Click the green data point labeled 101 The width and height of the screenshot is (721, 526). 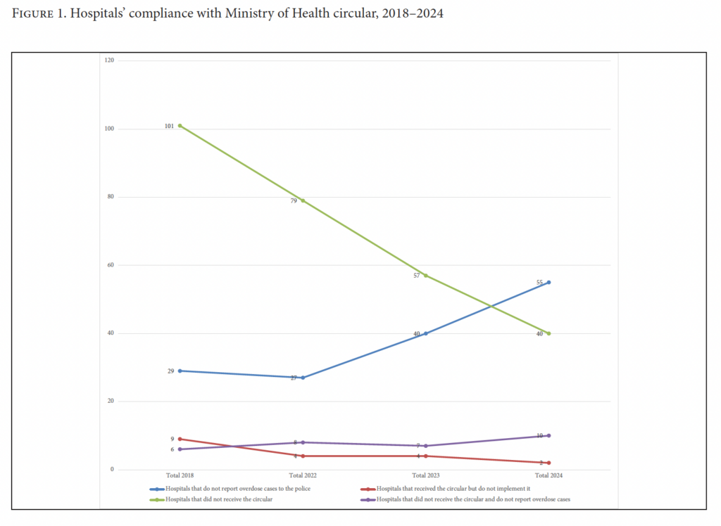click(x=180, y=125)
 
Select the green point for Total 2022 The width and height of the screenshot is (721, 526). click(x=303, y=200)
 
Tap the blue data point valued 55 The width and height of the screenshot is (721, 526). click(x=548, y=282)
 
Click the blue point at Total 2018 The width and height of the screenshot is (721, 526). click(x=180, y=371)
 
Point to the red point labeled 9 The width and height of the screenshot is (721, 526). click(x=180, y=439)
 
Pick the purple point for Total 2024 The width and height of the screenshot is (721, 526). click(x=548, y=435)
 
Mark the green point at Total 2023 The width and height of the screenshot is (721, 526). click(x=426, y=276)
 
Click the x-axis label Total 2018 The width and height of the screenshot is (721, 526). click(x=180, y=475)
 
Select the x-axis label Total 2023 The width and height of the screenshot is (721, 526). click(x=426, y=475)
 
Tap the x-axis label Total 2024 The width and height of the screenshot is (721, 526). click(x=548, y=475)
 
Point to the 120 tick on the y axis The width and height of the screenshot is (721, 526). click(x=108, y=60)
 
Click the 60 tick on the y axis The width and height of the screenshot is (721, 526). click(x=110, y=265)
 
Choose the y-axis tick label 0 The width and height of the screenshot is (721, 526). click(x=112, y=470)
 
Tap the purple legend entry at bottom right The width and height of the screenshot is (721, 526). click(x=472, y=499)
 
